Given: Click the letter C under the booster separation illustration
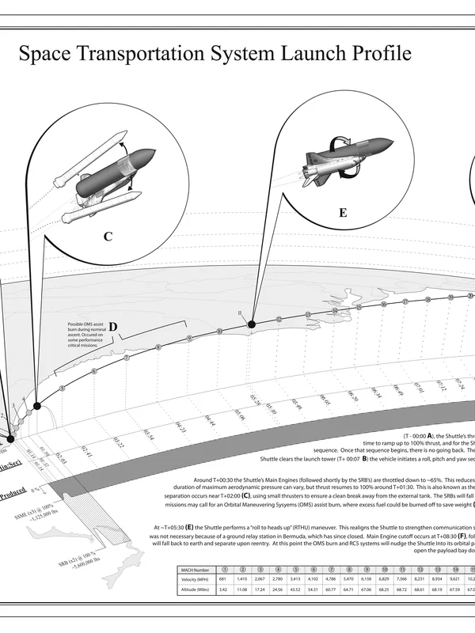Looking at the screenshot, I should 108,235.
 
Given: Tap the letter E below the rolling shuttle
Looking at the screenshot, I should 342,213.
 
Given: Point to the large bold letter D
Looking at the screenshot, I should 112,327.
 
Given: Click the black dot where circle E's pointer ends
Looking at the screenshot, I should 251,324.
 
